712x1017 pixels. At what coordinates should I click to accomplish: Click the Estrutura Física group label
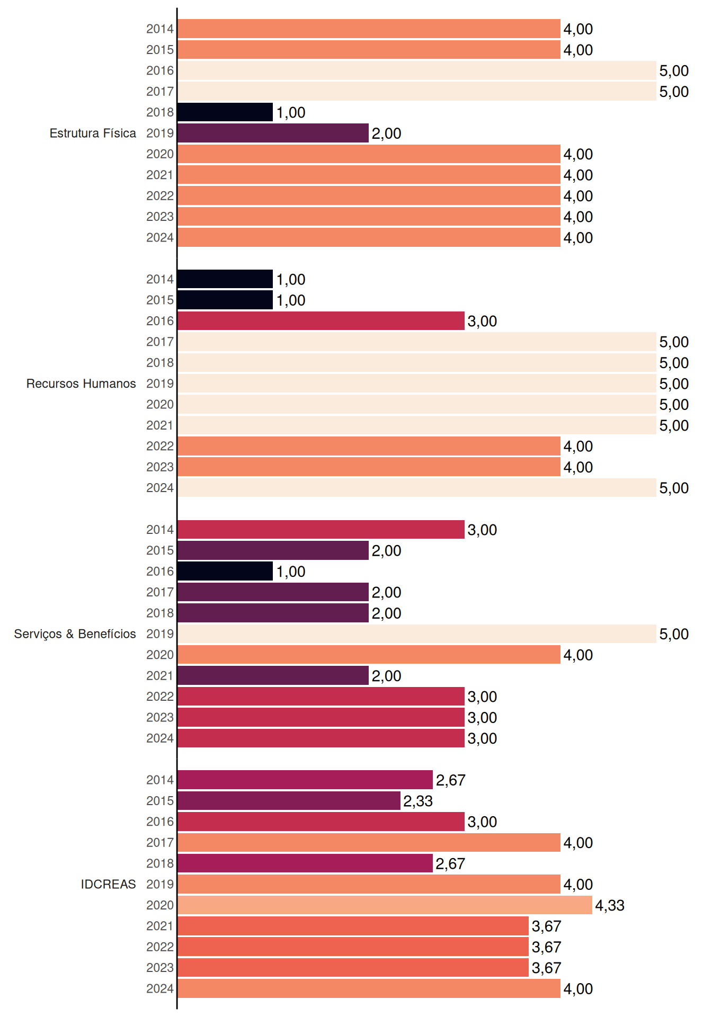[93, 133]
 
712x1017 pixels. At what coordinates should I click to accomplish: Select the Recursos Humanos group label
[81, 383]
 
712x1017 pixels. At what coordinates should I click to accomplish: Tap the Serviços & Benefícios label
[75, 634]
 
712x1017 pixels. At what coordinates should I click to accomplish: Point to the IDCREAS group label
[108, 884]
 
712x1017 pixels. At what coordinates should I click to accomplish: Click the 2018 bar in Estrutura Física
[225, 112]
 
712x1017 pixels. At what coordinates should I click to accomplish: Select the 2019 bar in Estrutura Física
[273, 133]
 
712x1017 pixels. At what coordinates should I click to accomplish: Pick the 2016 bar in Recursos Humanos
[321, 321]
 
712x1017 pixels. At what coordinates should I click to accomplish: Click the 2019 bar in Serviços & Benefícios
[417, 634]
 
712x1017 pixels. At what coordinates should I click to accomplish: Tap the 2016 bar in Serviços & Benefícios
[225, 572]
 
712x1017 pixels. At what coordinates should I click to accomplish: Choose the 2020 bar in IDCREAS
[385, 905]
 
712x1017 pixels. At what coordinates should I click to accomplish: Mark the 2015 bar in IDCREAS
[289, 801]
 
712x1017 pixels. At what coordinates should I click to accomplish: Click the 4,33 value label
[610, 905]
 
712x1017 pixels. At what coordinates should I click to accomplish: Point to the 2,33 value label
[418, 801]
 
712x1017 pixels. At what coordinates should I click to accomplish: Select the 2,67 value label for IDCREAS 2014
[450, 780]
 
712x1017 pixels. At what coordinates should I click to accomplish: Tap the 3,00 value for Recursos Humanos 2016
[482, 321]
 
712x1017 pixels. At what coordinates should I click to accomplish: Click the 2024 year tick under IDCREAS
[160, 988]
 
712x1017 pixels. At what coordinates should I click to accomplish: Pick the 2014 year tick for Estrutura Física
[160, 29]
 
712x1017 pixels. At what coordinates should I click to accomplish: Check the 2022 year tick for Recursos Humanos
[160, 446]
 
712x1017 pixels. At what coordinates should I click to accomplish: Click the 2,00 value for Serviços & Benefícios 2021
[386, 676]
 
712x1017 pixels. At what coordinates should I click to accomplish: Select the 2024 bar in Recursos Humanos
[417, 488]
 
